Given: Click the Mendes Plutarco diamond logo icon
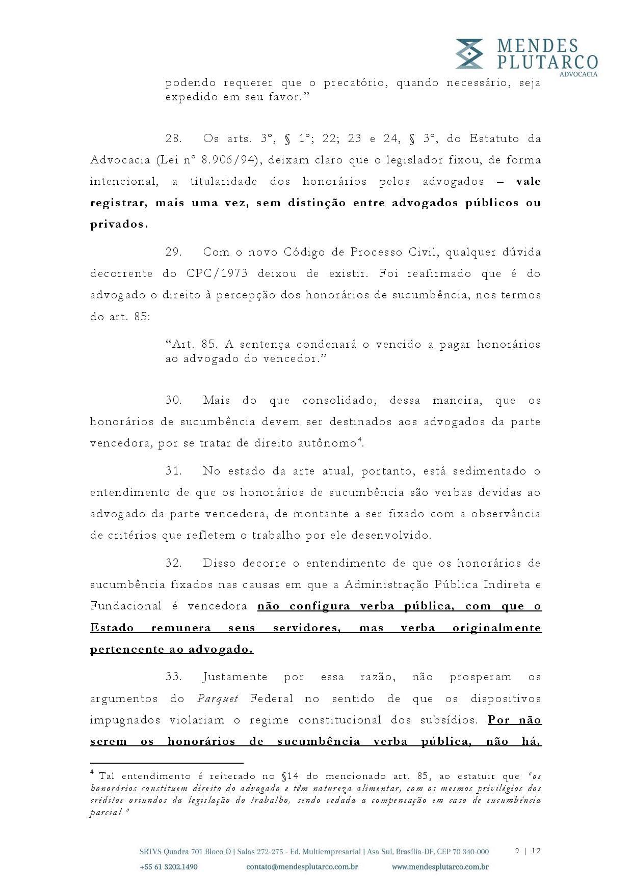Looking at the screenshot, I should pos(469,53).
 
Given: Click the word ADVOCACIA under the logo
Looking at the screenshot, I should pos(578,74).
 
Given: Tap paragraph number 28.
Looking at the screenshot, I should pos(174,139).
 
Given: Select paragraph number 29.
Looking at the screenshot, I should pos(174,253).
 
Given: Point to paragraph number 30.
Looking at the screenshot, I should pos(174,401).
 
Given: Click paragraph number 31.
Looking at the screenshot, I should pos(174,471).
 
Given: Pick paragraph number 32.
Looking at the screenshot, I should pos(174,564).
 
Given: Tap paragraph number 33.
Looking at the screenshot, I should pos(174,677).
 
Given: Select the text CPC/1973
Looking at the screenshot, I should pos(217,274).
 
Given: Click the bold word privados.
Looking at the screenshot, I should pos(119,225).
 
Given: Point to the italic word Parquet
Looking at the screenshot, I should pos(218,699).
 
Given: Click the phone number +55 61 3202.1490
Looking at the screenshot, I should pos(168,867).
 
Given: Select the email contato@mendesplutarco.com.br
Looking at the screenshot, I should pos(302,867).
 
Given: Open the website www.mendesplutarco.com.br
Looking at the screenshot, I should pos(440,867).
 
